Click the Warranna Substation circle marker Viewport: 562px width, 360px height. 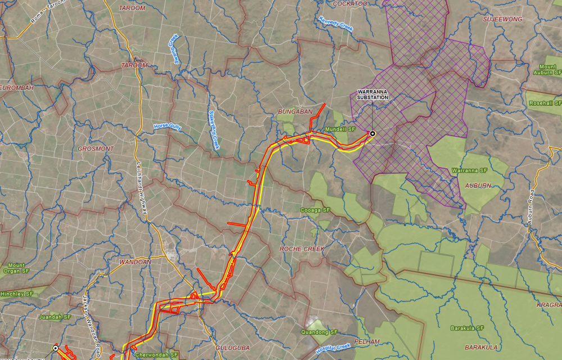371,133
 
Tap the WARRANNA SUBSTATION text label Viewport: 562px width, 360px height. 373,94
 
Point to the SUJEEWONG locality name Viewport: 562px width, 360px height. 502,19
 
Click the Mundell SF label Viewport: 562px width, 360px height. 341,130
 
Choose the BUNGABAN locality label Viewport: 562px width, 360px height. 295,112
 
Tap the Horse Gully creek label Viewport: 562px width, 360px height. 167,127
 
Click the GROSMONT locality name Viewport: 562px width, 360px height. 96,149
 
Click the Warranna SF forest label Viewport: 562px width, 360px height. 469,170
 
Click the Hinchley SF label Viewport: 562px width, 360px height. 17,294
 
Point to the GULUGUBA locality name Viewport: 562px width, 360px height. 233,348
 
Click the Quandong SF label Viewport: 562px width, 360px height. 323,332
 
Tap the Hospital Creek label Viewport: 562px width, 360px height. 333,349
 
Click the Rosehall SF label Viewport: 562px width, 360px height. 545,103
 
